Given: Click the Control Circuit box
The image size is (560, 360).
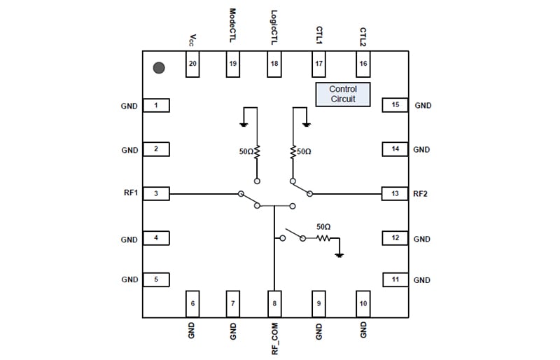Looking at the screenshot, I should pos(342,95).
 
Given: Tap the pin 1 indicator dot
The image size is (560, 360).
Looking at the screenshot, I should pos(160,68).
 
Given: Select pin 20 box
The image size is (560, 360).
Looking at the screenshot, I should pos(192,64).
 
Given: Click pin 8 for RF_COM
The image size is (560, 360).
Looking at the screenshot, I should pos(274,303).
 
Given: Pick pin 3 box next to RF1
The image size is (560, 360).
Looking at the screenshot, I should pos(156,193).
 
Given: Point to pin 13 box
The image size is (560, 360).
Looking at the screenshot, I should pos(395,193).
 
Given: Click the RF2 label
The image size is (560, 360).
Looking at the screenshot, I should pos(421,193).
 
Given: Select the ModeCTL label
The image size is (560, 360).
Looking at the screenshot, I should pos(233,27).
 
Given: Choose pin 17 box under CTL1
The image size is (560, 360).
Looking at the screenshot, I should pos(319,64).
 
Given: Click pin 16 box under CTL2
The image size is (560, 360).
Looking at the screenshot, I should pos(363,64).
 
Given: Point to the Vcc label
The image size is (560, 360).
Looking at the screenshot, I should pos(191,41).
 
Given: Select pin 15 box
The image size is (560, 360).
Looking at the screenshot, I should pos(395,105).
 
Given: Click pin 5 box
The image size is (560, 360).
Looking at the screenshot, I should pos(156,279).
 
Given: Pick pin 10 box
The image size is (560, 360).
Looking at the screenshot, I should pos(363,303).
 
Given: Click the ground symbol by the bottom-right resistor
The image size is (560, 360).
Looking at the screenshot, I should pos(339,255).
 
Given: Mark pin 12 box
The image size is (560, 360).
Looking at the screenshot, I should pos(395,238).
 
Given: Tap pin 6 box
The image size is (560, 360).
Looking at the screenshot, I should pos(192,303).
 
